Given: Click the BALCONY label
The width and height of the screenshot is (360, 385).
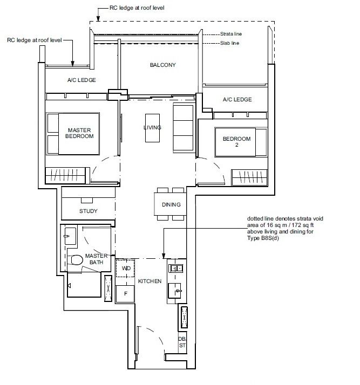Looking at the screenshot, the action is tap(162, 65).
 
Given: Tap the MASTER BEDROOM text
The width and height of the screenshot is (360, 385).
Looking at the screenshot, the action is tap(79, 133).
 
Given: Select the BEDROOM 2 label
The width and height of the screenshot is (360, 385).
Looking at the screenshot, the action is tap(236, 142).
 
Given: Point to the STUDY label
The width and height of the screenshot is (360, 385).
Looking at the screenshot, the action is tap(88, 211).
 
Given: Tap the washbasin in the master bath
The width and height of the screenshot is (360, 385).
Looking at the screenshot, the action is tap(70, 236).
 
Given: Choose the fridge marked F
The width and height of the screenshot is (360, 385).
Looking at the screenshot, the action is tap(125, 294).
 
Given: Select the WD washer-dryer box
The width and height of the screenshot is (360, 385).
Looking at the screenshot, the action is tap(125, 268).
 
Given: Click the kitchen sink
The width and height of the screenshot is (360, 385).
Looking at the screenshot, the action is tap(175, 291).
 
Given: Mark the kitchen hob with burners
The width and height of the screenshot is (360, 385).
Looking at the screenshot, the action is tap(176, 268).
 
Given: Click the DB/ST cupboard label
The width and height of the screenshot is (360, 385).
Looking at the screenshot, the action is tap(182, 342).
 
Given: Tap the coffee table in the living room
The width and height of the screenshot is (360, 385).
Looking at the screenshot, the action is tap(152, 128).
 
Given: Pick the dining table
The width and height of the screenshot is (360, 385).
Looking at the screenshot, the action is tap(171, 204).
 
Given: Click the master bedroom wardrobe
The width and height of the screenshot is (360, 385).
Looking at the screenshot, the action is tap(66, 175).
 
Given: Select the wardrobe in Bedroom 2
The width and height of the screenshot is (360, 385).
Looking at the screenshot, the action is tap(249, 177).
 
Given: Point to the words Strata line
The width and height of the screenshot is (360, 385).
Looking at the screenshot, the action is tap(231, 34).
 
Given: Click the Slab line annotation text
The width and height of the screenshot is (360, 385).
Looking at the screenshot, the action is tap(229, 43).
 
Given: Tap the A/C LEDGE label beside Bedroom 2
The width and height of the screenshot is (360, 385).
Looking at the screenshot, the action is tap(237, 99).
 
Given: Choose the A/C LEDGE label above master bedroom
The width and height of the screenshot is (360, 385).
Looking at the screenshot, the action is tap(81, 80).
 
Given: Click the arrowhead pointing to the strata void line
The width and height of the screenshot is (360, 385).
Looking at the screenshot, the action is tap(164, 256).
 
